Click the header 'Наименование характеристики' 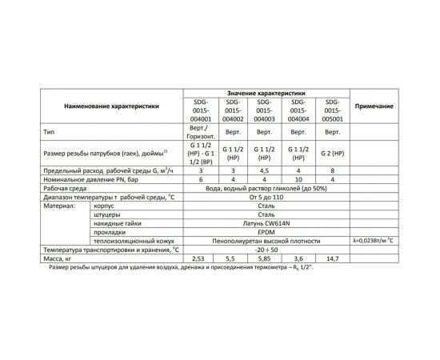[106, 106]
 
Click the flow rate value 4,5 [264, 171]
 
